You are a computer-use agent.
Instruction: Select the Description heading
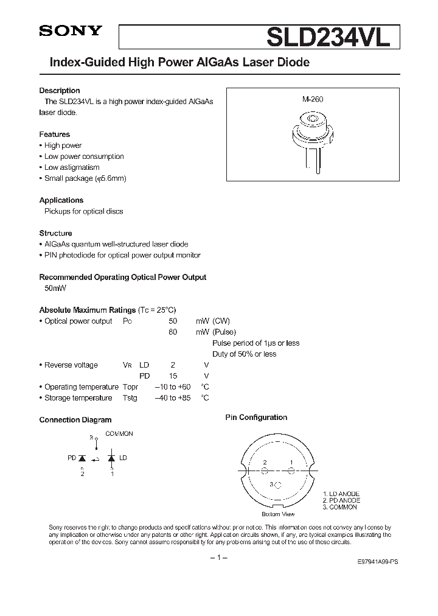coord(60,91)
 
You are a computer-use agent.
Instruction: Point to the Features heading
coord(55,135)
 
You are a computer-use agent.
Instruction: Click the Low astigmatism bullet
coord(72,167)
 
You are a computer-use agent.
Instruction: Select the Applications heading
coord(61,200)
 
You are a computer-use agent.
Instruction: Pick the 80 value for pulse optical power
coord(172,332)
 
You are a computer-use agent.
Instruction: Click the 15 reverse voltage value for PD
coord(173,376)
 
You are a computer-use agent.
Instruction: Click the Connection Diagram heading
coord(75,420)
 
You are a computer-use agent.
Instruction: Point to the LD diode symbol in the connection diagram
coord(111,457)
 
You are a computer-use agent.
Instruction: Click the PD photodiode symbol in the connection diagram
coord(83,457)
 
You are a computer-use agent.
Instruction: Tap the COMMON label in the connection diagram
coord(119,434)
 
